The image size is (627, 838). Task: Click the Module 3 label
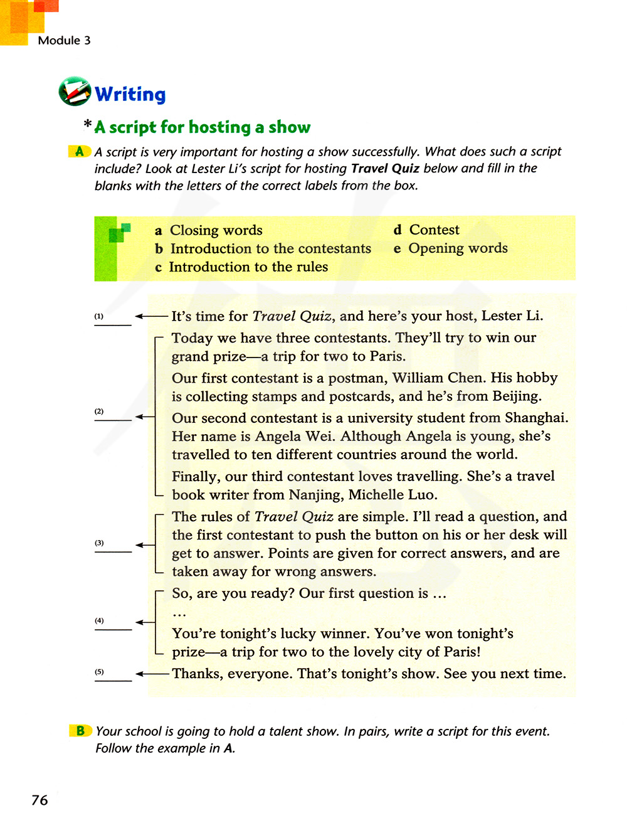coord(64,41)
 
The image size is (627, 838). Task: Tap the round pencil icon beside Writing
coord(75,92)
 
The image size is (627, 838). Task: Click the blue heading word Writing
coord(130,94)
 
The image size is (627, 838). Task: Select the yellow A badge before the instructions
coord(80,151)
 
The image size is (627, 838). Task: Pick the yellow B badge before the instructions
coord(80,731)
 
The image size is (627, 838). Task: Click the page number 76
coord(40,800)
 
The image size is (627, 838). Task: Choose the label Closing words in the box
coord(216,230)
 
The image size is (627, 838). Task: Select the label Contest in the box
coord(434,230)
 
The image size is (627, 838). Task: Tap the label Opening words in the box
coord(458,248)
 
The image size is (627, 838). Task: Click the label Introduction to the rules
coord(248,267)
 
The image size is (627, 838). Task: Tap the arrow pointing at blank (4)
coord(145,622)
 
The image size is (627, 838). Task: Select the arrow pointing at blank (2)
coord(145,416)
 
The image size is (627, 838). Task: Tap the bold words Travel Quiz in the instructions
coord(385,168)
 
